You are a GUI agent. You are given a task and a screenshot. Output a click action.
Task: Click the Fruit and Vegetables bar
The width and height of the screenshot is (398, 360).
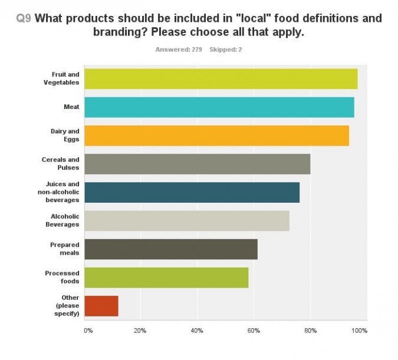click(x=221, y=78)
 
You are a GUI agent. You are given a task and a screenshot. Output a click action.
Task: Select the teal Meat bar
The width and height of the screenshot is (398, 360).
click(x=219, y=107)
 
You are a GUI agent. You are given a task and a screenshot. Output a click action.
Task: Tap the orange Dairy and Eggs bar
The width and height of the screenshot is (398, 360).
click(x=216, y=135)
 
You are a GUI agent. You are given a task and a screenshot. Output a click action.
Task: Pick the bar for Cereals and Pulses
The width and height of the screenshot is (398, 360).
click(x=197, y=163)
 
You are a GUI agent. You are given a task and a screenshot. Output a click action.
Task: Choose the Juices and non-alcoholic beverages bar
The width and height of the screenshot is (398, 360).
click(x=192, y=192)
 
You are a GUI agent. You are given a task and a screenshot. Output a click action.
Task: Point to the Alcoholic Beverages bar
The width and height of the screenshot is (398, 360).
click(x=186, y=220)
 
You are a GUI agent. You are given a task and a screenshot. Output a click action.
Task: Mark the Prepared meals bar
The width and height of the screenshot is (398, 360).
click(x=171, y=249)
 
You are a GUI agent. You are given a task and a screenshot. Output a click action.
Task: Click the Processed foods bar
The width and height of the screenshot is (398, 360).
click(x=166, y=278)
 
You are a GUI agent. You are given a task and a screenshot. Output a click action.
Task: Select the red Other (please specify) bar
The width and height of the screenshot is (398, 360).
click(x=101, y=306)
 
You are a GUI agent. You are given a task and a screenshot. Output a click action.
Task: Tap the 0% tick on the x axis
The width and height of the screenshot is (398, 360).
click(x=88, y=331)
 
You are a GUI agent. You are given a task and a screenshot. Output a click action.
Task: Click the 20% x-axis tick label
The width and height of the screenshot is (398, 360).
click(x=140, y=331)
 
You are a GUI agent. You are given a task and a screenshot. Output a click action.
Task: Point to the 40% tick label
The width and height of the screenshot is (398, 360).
click(x=196, y=331)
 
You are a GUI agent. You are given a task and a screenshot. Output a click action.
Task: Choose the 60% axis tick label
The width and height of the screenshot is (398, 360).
click(x=253, y=331)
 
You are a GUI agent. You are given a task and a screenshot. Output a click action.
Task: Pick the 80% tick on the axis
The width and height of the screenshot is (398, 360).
click(x=310, y=331)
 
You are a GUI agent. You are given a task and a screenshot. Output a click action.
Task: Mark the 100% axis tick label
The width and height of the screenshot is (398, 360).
click(x=359, y=331)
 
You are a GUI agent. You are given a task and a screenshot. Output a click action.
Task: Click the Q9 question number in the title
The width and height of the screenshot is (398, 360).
click(x=24, y=18)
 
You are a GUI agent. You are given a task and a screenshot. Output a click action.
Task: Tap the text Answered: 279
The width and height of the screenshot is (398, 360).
click(x=179, y=49)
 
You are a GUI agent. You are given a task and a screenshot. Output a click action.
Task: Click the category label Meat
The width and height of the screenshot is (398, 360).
click(x=71, y=107)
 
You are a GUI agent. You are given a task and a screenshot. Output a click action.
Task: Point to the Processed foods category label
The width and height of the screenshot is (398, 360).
click(x=62, y=278)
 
